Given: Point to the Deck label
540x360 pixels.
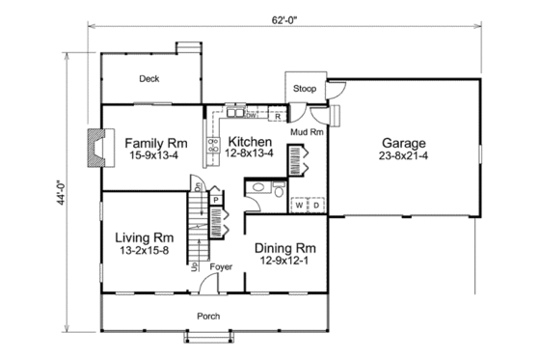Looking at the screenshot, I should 148,79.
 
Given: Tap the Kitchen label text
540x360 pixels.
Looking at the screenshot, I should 250,140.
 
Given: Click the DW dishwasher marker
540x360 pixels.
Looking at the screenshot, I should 249,117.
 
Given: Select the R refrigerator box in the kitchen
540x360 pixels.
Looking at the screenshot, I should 278,117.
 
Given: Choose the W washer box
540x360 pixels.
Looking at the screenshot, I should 299,206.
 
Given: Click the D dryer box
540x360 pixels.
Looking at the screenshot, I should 314,206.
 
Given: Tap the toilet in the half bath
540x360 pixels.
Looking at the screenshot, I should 277,191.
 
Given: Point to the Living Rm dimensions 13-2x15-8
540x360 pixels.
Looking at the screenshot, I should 145,251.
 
